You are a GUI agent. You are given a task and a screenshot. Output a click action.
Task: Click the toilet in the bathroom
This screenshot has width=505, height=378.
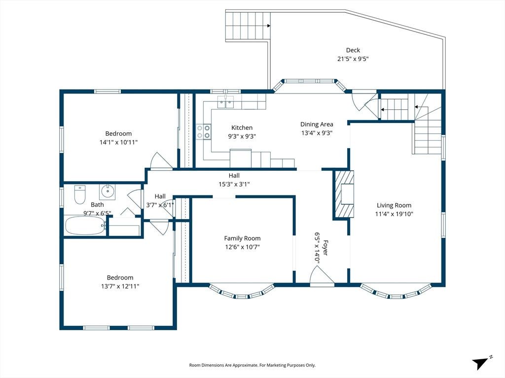[x=79, y=194]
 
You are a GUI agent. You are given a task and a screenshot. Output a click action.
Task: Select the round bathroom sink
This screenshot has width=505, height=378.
[x=107, y=191]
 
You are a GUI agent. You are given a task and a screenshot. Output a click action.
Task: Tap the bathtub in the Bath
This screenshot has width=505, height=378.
[x=85, y=225]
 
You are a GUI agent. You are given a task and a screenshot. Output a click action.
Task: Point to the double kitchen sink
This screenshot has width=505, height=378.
[x=225, y=102]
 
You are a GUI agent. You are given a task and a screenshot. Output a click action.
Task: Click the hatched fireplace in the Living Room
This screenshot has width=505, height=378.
[x=343, y=194]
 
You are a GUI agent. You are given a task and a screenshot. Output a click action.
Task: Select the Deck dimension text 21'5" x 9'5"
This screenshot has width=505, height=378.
[x=353, y=59]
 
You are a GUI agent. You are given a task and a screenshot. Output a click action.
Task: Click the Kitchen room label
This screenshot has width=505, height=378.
[x=242, y=127]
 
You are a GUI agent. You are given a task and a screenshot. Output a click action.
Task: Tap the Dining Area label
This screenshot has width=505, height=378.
[x=317, y=125]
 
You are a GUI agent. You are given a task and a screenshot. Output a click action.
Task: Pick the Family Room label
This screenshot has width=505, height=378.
[x=242, y=238]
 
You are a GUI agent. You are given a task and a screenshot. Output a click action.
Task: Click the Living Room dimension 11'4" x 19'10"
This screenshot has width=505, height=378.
[x=394, y=214]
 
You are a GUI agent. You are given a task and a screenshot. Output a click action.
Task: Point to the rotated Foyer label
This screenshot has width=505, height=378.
[x=325, y=248]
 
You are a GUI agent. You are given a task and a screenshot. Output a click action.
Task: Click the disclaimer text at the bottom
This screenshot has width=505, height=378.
[x=252, y=365]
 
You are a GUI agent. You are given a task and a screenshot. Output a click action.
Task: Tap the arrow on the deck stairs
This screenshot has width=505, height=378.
[x=268, y=26]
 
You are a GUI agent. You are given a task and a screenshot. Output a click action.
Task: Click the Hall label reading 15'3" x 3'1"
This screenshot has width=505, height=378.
[x=234, y=184]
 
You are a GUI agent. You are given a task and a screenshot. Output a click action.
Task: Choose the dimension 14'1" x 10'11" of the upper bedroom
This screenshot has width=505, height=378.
[x=118, y=142]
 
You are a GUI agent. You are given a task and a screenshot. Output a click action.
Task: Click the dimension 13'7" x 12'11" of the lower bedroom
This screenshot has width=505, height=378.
[x=120, y=286]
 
